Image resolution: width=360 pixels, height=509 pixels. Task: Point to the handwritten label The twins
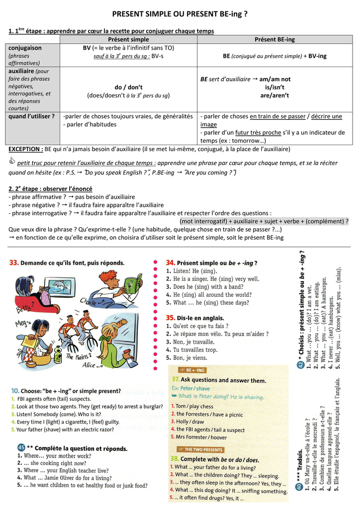76,356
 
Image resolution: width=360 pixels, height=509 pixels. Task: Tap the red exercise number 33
14,262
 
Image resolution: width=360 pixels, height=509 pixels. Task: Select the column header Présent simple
128,39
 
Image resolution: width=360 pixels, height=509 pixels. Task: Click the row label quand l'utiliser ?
31,116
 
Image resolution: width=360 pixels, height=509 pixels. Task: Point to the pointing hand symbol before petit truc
12,163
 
